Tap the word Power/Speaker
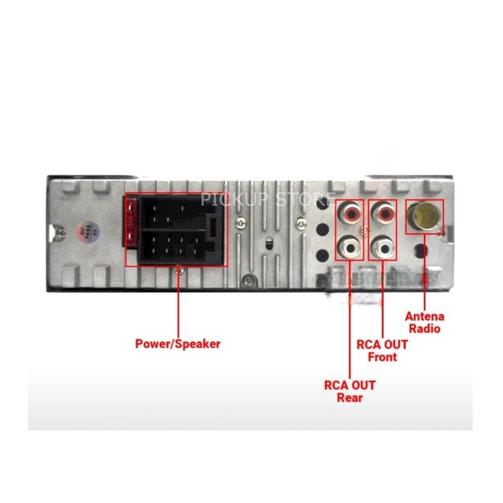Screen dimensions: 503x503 tap(177, 343)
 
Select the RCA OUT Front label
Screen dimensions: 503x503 tap(382, 351)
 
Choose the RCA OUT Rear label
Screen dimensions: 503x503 tap(350, 391)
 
